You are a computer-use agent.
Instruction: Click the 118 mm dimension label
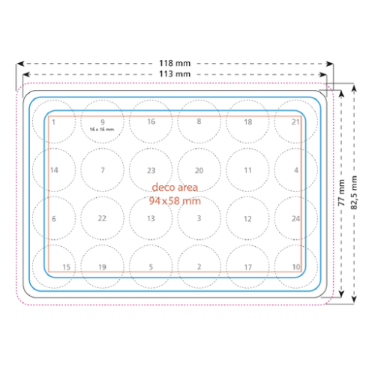175,63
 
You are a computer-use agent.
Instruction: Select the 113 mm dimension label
175,74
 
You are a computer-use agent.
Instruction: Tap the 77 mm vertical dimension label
341,193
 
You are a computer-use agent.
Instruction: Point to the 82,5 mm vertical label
354,193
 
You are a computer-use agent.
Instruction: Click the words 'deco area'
175,187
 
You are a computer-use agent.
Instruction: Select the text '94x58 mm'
175,201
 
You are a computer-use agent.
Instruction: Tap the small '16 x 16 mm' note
102,130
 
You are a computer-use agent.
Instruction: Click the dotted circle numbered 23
151,148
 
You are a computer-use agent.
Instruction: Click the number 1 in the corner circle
54,122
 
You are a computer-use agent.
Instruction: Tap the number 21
295,122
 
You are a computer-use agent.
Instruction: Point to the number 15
66,267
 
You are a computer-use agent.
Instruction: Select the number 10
296,267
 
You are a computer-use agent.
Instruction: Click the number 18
248,122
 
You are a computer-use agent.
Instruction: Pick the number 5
151,267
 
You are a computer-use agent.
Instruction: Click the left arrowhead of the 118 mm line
20,64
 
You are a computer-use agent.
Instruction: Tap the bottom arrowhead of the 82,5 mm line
354,299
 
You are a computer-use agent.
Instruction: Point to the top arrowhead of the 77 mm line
341,94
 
